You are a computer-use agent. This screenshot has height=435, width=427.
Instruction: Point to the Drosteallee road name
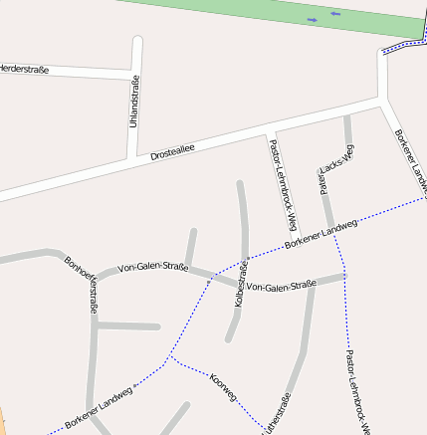point(172,150)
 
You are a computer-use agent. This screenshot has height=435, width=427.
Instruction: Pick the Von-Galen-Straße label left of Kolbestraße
point(152,267)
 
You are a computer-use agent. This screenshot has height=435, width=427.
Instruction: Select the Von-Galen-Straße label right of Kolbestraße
point(280,287)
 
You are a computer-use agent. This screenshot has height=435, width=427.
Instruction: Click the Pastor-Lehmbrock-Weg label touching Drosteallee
point(284,185)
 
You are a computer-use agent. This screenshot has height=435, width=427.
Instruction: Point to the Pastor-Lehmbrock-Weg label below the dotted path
point(356,392)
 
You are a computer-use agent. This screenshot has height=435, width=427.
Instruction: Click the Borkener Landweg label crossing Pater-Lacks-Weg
point(320,232)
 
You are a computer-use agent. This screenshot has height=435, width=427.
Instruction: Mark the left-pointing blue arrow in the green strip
point(335,14)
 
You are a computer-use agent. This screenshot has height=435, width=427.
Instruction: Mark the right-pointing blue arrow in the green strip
point(313,19)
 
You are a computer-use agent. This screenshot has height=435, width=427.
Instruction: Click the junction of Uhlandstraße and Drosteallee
point(132,159)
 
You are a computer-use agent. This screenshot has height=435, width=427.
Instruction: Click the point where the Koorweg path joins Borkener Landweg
point(170,356)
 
